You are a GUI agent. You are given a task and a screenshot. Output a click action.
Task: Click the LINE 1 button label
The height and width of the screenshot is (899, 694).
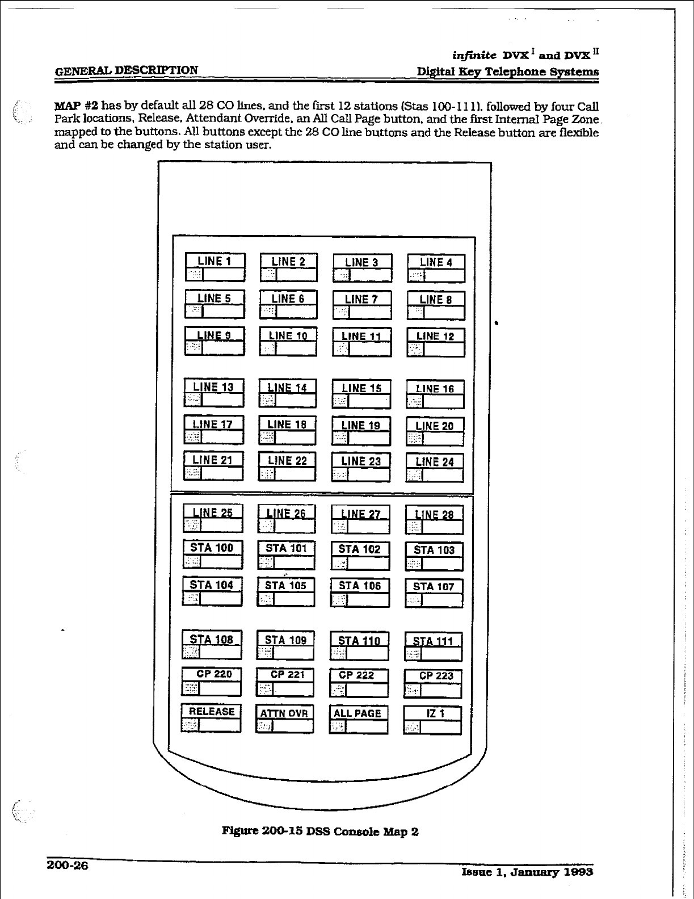pos(214,261)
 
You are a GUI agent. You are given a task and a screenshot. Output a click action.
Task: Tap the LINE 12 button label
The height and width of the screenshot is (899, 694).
pos(435,336)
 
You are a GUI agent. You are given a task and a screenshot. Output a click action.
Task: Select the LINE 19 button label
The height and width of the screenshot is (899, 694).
pos(361,425)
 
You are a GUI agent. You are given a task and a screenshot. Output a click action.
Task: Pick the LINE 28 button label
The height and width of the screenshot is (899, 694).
pos(434,515)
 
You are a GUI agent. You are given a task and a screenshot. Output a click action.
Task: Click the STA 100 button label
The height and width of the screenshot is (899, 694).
pos(212,548)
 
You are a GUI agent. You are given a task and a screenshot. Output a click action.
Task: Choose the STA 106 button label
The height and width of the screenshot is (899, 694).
pos(360,586)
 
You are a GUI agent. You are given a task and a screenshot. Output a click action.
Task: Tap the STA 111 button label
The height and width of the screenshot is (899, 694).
pos(433,641)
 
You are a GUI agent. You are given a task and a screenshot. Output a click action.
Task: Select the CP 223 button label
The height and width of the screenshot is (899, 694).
pos(436,675)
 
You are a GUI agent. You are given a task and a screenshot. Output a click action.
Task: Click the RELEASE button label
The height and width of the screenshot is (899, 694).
pos(212,712)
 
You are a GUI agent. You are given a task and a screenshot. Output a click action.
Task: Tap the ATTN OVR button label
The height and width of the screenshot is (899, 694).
pos(284,713)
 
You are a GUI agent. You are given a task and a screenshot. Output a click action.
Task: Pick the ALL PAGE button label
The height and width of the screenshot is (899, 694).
pos(357,713)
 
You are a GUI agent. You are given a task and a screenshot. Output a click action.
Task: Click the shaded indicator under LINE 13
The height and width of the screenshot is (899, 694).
pos(194,400)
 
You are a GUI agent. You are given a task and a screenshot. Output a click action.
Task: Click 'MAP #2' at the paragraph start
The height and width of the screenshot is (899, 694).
pos(75,106)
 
